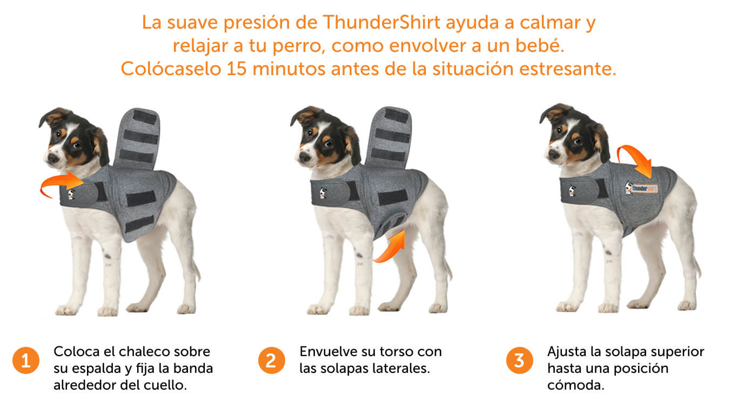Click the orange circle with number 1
[x=26, y=360]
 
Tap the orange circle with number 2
[x=271, y=360]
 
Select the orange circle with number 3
[x=520, y=360]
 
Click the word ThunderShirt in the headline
[x=381, y=22]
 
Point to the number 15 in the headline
[x=237, y=69]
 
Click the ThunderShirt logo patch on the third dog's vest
[x=641, y=188]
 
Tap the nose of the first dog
[x=53, y=158]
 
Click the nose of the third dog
[x=553, y=154]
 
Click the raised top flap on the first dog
[x=137, y=138]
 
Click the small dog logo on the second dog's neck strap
[x=323, y=192]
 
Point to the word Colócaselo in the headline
[x=171, y=69]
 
